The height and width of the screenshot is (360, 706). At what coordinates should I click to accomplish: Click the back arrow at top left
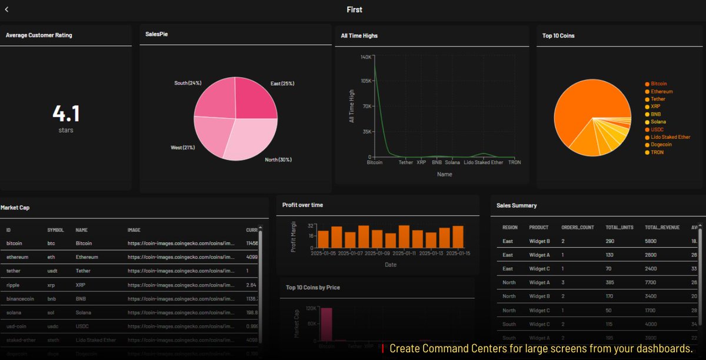(6, 9)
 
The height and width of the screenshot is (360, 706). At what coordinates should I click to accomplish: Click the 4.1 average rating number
(66, 112)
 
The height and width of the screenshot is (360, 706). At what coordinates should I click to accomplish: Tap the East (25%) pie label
(282, 84)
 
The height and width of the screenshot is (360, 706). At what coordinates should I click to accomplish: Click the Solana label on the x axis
(452, 162)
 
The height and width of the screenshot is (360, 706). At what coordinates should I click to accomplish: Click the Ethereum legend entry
(661, 92)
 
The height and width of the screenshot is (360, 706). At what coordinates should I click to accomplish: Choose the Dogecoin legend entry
(661, 145)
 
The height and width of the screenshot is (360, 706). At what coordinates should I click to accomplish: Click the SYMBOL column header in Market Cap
(56, 230)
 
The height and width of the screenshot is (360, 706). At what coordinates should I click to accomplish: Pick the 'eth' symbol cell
(51, 257)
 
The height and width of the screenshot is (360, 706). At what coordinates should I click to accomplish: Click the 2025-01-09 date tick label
(377, 253)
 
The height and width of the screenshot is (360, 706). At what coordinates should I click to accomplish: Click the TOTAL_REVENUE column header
(662, 227)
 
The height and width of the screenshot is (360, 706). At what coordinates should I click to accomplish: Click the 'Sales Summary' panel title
(517, 205)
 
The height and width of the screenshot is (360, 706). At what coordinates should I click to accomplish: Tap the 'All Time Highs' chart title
(359, 36)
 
